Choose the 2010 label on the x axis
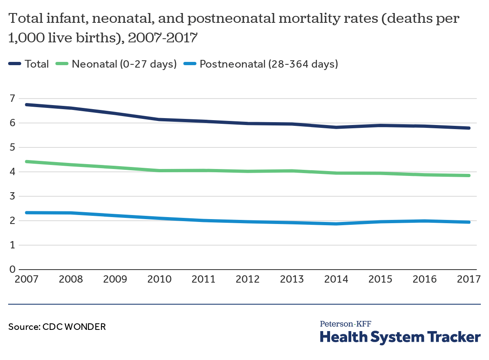tap(159, 279)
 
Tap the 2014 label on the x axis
tap(336, 279)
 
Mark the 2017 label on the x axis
tap(469, 279)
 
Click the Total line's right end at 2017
tap(469, 128)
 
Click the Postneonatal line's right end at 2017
tap(469, 222)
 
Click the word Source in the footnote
tap(23, 327)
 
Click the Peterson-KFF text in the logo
tap(345, 324)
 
